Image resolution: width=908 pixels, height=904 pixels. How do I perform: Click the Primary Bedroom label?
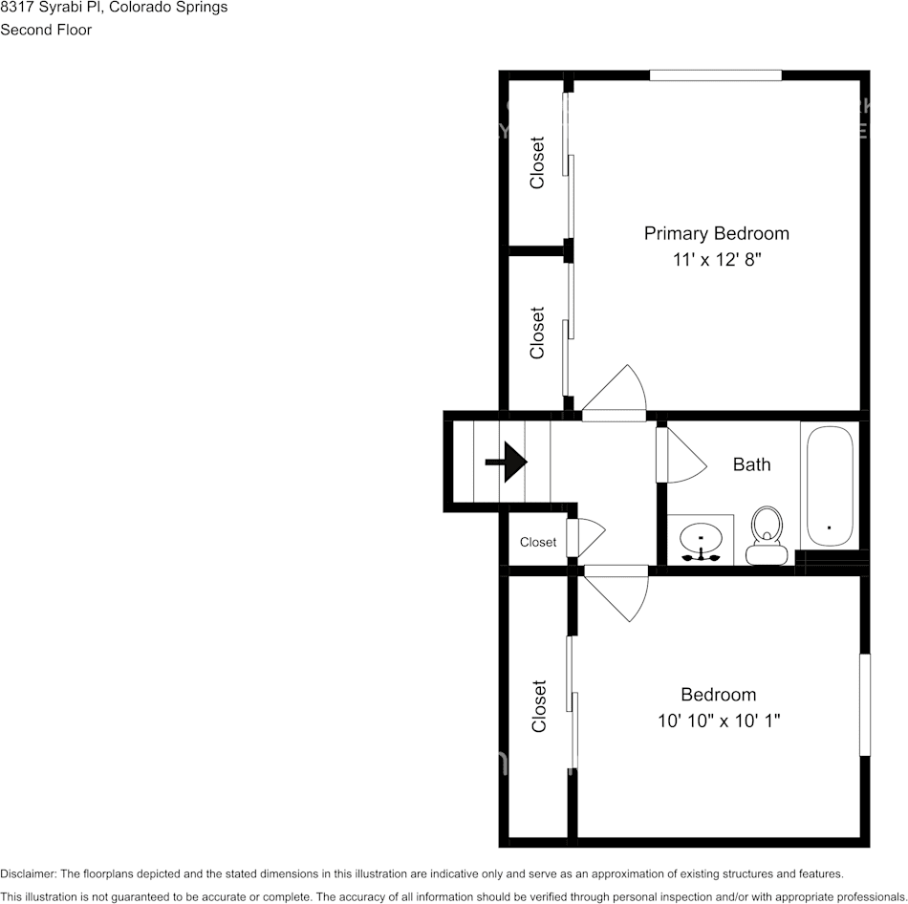(716, 233)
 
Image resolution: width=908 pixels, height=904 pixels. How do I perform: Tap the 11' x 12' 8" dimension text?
(716, 260)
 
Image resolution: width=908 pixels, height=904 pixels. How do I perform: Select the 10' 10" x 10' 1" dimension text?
(718, 721)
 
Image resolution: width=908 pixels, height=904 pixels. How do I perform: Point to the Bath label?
(751, 465)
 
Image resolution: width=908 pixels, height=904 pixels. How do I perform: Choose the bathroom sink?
(701, 542)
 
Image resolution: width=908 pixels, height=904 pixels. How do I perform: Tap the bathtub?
(829, 487)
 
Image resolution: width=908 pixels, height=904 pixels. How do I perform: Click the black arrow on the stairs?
(507, 463)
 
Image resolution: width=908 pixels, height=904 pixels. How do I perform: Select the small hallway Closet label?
(538, 543)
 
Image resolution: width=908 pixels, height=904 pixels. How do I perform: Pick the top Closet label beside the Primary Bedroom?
(537, 162)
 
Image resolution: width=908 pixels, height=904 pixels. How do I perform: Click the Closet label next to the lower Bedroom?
(539, 706)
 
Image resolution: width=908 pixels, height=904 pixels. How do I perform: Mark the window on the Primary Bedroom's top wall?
(715, 75)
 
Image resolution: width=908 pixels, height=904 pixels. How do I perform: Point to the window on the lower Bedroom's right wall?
(864, 704)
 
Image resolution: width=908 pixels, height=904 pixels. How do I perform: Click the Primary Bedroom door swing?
(616, 392)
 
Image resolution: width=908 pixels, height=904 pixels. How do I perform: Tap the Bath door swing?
(682, 455)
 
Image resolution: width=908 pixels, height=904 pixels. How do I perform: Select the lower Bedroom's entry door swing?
(617, 592)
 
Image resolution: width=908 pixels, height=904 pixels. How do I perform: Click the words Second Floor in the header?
(46, 30)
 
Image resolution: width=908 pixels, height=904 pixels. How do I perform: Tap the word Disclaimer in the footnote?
(28, 873)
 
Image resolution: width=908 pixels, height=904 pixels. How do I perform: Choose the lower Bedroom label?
(718, 695)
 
